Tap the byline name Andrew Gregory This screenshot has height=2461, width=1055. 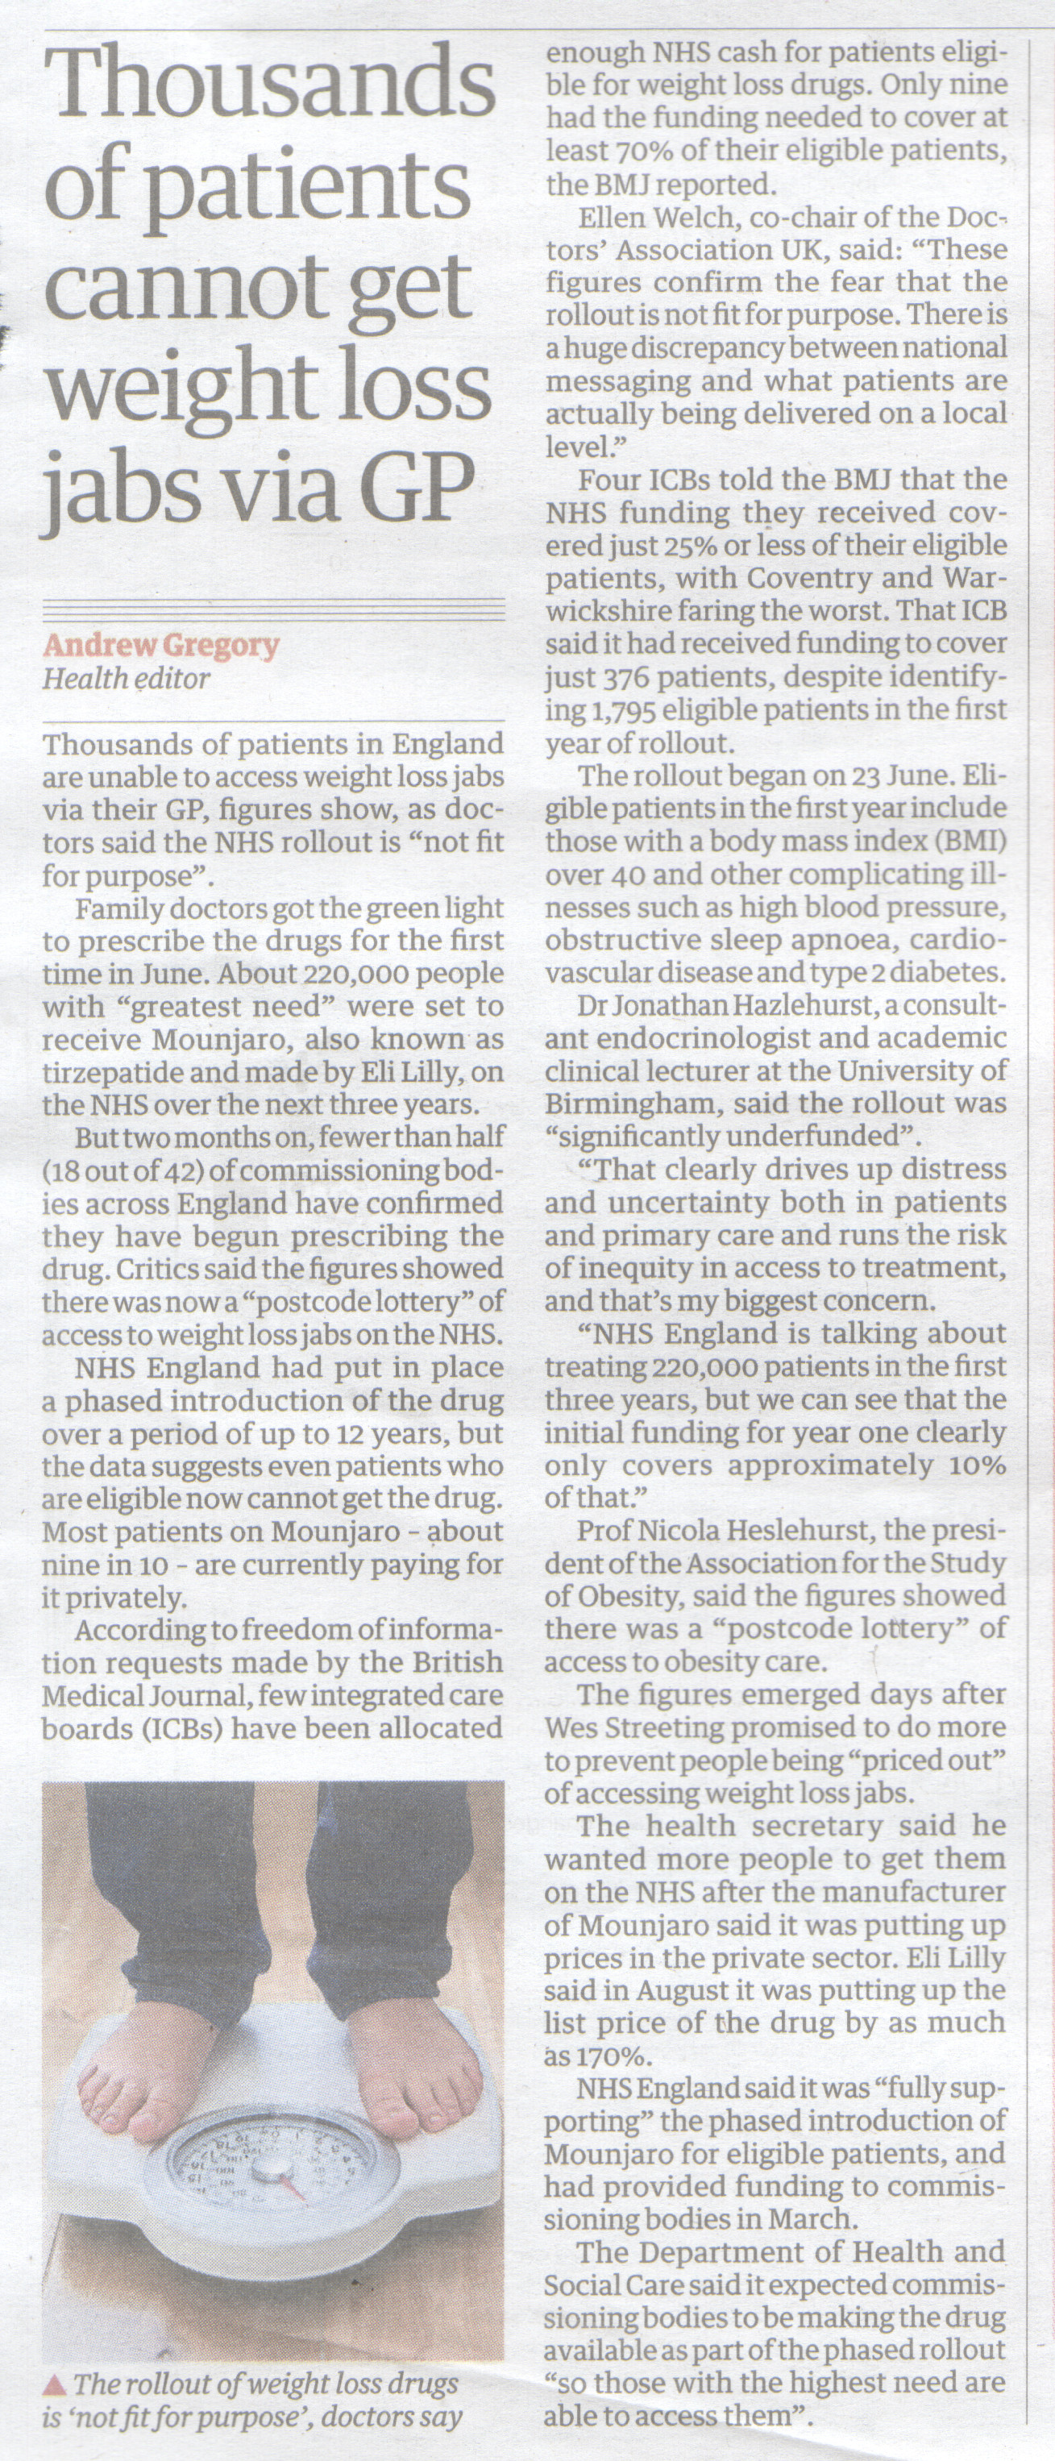pyautogui.click(x=160, y=646)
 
